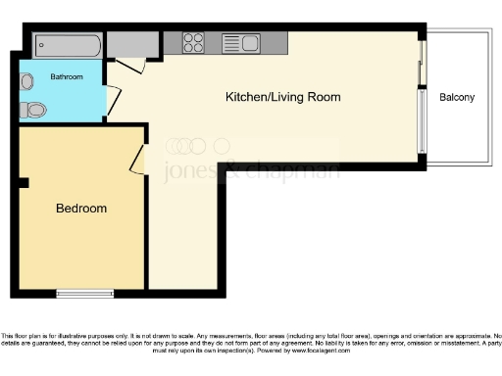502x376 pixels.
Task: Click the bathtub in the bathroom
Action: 67,45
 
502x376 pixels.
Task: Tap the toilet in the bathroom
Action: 34,110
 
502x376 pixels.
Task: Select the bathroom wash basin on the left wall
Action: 26,82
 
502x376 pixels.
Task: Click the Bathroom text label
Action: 67,76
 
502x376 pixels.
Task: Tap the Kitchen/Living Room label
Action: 283,97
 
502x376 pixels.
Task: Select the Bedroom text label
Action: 81,209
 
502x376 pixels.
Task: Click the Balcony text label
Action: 457,97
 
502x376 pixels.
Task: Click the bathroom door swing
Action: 113,101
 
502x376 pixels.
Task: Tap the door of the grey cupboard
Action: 131,65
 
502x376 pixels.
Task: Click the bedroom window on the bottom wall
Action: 85,293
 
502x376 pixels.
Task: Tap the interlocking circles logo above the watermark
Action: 185,146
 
